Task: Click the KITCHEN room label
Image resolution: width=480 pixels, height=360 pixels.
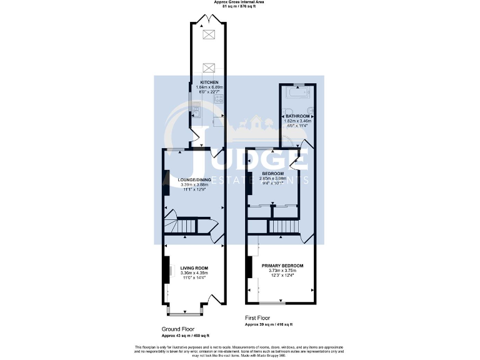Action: tap(208, 82)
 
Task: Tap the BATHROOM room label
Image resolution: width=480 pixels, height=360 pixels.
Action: tap(297, 116)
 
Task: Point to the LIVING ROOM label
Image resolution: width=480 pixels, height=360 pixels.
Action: tap(193, 268)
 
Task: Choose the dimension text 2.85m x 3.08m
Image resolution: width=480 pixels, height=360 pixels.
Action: tap(272, 178)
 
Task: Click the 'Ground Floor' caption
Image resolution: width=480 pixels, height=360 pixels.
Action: tap(179, 329)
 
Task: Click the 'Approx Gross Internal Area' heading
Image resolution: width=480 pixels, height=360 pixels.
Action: tap(239, 2)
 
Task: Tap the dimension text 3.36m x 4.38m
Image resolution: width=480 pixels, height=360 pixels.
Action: tap(193, 273)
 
